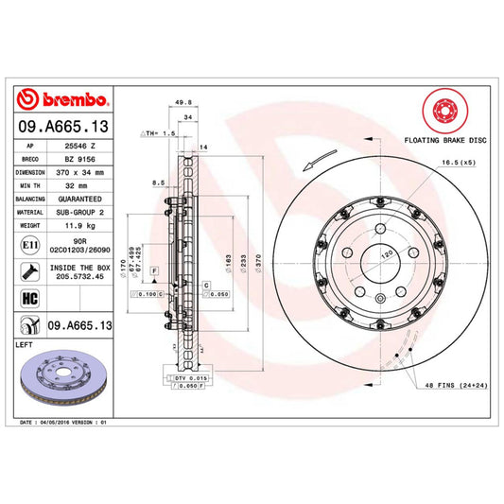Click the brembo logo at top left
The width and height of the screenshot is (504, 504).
(x=62, y=102)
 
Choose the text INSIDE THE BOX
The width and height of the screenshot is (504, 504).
(x=78, y=268)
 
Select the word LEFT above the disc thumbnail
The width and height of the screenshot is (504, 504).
(x=26, y=345)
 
